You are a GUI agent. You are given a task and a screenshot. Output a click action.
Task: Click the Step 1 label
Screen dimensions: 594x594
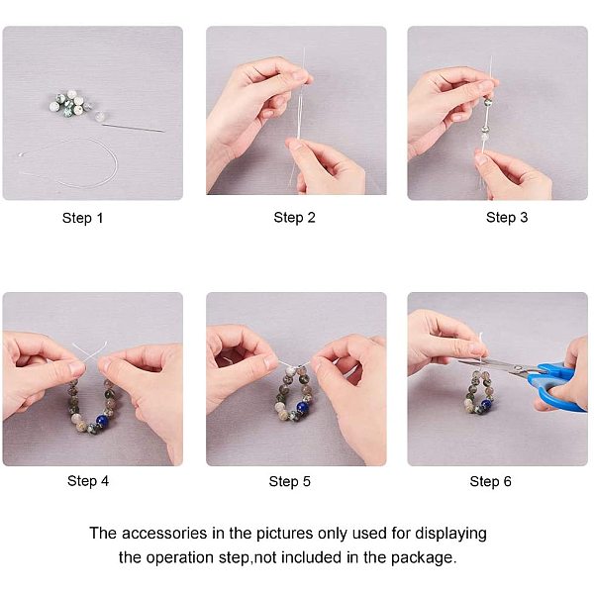coord(82,218)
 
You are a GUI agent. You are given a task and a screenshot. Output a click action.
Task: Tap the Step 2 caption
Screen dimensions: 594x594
coord(294,218)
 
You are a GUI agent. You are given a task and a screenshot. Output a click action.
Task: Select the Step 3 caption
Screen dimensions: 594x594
coord(507,218)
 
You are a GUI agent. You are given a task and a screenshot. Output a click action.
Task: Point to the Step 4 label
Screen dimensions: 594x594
coord(88,481)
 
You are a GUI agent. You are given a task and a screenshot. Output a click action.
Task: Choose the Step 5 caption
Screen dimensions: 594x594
coord(289,481)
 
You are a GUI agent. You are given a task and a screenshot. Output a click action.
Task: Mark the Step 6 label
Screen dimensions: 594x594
coord(491,481)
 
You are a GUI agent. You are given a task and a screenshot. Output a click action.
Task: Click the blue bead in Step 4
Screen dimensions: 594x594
coord(102,421)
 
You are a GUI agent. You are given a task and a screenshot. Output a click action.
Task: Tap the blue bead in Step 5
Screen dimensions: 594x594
coord(303,407)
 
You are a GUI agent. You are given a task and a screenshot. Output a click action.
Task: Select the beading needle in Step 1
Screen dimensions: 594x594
coord(133,128)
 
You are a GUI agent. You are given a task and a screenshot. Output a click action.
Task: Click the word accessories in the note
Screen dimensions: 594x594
coord(164,534)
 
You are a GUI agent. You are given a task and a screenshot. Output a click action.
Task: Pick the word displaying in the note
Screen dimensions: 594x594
coord(450,534)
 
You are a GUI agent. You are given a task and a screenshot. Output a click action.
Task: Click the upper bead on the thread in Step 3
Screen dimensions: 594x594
coord(488,102)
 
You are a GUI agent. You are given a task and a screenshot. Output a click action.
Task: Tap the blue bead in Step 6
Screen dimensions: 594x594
coord(486,404)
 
